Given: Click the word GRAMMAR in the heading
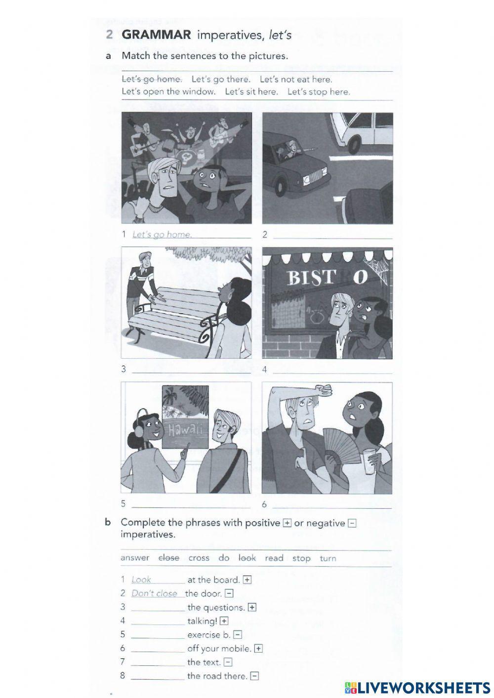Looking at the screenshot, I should coord(156,35).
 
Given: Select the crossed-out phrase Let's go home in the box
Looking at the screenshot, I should coord(152,79).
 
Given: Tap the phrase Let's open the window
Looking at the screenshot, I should coord(168,91).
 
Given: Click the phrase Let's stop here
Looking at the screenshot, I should coord(319,91).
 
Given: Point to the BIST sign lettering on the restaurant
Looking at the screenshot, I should coord(310,278).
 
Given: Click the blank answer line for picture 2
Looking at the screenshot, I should coord(332,235).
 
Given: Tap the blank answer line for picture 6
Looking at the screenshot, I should coord(332,504).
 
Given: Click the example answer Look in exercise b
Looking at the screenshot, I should coord(141,580).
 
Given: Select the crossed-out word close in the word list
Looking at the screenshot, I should coord(168,558).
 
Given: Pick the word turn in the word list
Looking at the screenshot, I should coord(328,558).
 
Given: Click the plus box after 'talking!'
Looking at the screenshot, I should coord(224,621).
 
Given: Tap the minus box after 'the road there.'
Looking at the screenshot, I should coord(254,676).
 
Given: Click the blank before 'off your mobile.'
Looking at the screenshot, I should coord(158,649).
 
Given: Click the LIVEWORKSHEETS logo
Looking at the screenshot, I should coord(417,687).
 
